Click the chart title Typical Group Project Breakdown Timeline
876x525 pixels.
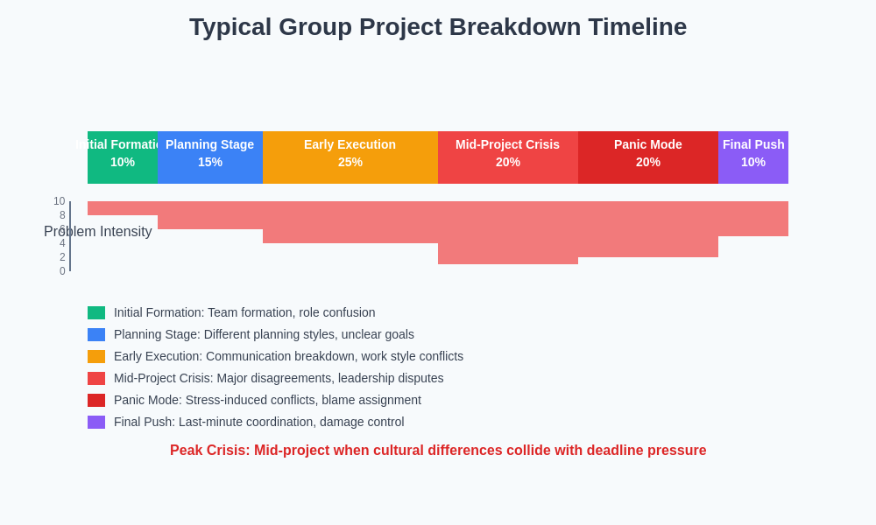click(x=438, y=27)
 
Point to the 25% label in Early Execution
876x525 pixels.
click(x=350, y=162)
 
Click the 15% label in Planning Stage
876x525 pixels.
click(x=210, y=162)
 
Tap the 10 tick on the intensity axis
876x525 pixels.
click(x=60, y=201)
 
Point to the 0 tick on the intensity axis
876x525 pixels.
click(x=62, y=271)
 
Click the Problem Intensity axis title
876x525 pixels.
click(x=98, y=232)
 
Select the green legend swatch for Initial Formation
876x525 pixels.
click(x=96, y=312)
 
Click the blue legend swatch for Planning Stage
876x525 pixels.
click(x=96, y=334)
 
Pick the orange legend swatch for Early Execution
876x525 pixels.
click(x=96, y=356)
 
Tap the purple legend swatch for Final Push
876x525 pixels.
click(x=96, y=422)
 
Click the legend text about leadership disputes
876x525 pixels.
click(x=279, y=378)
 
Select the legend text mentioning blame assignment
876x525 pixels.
click(x=267, y=400)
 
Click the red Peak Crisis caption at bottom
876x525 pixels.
click(x=438, y=451)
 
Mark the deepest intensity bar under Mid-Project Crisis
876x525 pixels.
click(x=508, y=233)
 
